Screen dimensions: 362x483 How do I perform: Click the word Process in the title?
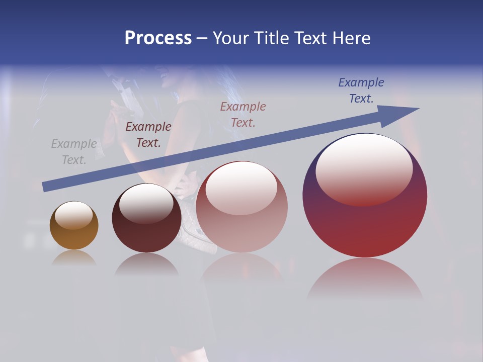point(158,38)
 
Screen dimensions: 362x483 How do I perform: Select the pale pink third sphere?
point(242,226)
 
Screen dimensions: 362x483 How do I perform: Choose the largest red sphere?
point(365,226)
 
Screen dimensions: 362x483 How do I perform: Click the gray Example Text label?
point(74,152)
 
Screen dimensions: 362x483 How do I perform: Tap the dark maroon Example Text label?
point(148,135)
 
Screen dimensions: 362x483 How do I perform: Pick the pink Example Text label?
point(243,115)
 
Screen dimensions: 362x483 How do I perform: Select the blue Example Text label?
point(361,90)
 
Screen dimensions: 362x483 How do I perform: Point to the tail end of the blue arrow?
point(44,187)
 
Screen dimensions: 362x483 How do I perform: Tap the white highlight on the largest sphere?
point(364,166)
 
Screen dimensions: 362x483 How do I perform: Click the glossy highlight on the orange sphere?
point(73,215)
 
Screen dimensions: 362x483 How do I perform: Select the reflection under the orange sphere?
point(74,257)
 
